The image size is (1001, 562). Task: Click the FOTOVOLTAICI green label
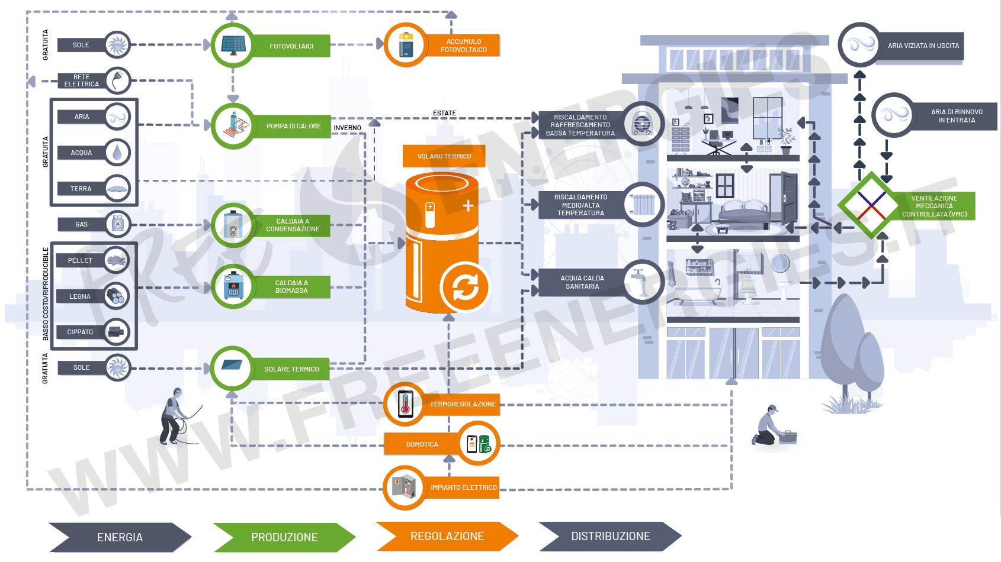click(291, 46)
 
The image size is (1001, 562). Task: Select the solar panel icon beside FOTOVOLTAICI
click(233, 45)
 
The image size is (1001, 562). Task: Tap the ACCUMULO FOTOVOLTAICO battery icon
click(406, 45)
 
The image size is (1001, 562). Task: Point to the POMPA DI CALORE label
click(293, 126)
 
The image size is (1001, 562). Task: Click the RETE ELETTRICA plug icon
click(118, 80)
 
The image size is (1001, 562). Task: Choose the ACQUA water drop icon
click(118, 153)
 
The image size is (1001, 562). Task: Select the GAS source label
click(82, 224)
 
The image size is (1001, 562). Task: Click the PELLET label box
click(80, 260)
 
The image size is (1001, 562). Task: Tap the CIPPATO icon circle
click(117, 332)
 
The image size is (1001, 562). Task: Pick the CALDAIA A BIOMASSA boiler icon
click(233, 286)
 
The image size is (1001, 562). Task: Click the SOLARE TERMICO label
click(291, 369)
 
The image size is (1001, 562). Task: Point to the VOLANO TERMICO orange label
click(444, 156)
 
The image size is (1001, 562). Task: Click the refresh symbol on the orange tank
click(465, 288)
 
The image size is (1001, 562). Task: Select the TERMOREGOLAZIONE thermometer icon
click(406, 404)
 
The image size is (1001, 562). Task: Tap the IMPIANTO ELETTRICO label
click(464, 487)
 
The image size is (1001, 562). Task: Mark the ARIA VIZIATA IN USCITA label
click(923, 46)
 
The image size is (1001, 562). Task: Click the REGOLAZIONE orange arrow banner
click(447, 536)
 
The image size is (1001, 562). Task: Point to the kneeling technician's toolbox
click(788, 437)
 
